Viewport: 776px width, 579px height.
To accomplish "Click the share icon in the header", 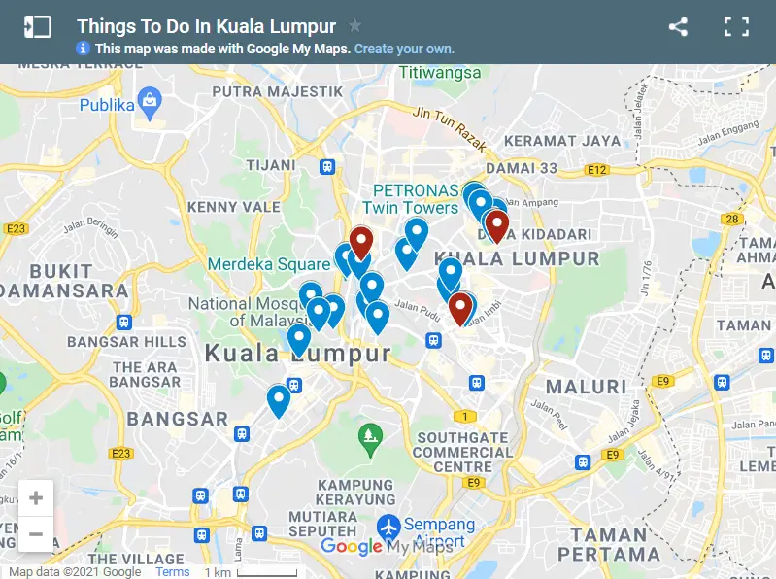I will click(x=679, y=27).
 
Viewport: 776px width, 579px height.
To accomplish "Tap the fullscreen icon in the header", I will click(x=736, y=27).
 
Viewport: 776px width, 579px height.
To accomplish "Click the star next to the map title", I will click(x=355, y=26).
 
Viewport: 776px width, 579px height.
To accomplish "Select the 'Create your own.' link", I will click(x=404, y=49).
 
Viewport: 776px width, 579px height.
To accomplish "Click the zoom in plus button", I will click(x=36, y=498).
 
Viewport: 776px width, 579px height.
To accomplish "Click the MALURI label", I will click(x=586, y=387).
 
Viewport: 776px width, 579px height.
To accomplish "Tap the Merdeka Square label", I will click(x=269, y=264).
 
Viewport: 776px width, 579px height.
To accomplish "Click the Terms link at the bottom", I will click(x=173, y=572).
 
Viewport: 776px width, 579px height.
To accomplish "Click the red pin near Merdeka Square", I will click(x=361, y=241).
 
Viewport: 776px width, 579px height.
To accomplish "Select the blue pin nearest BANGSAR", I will click(x=279, y=399).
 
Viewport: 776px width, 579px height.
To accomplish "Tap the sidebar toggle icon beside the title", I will click(x=38, y=27).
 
